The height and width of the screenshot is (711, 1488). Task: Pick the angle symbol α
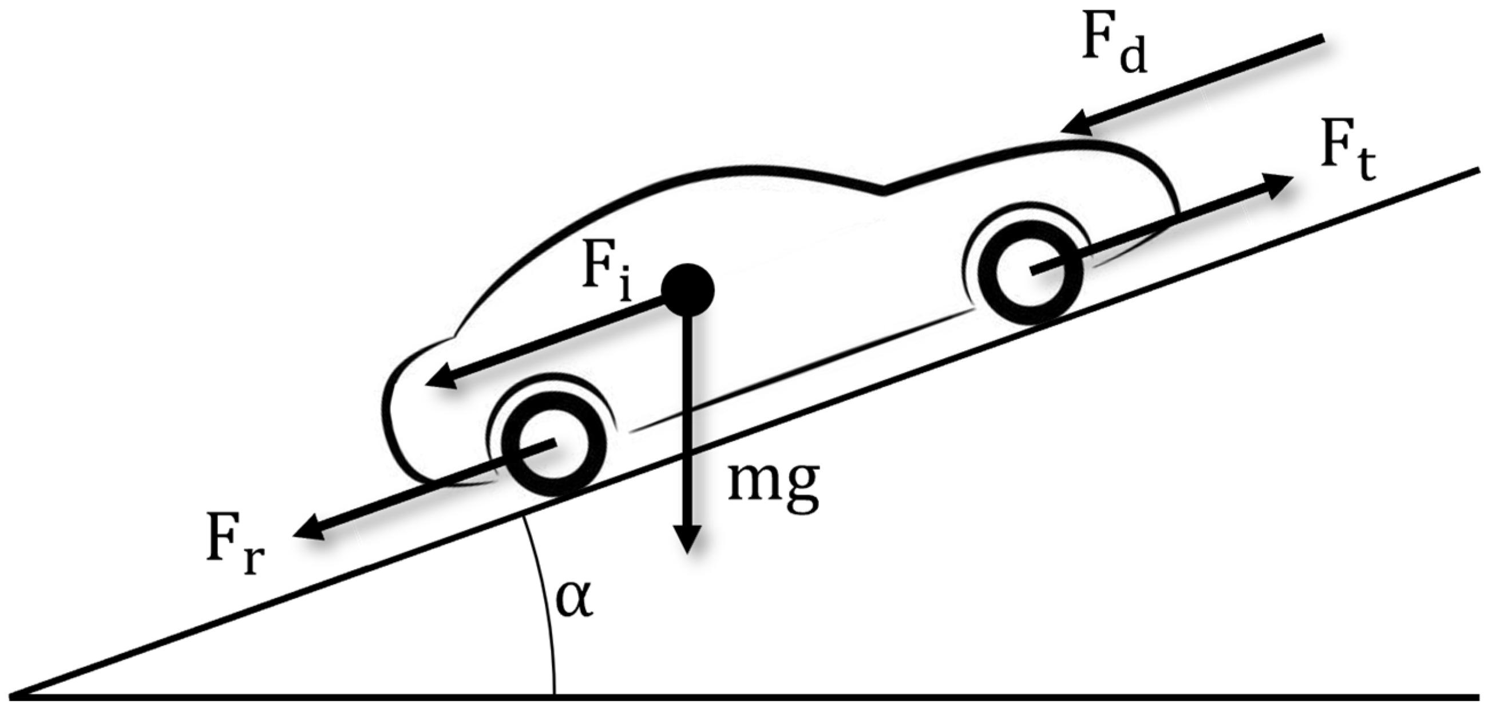574,601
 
